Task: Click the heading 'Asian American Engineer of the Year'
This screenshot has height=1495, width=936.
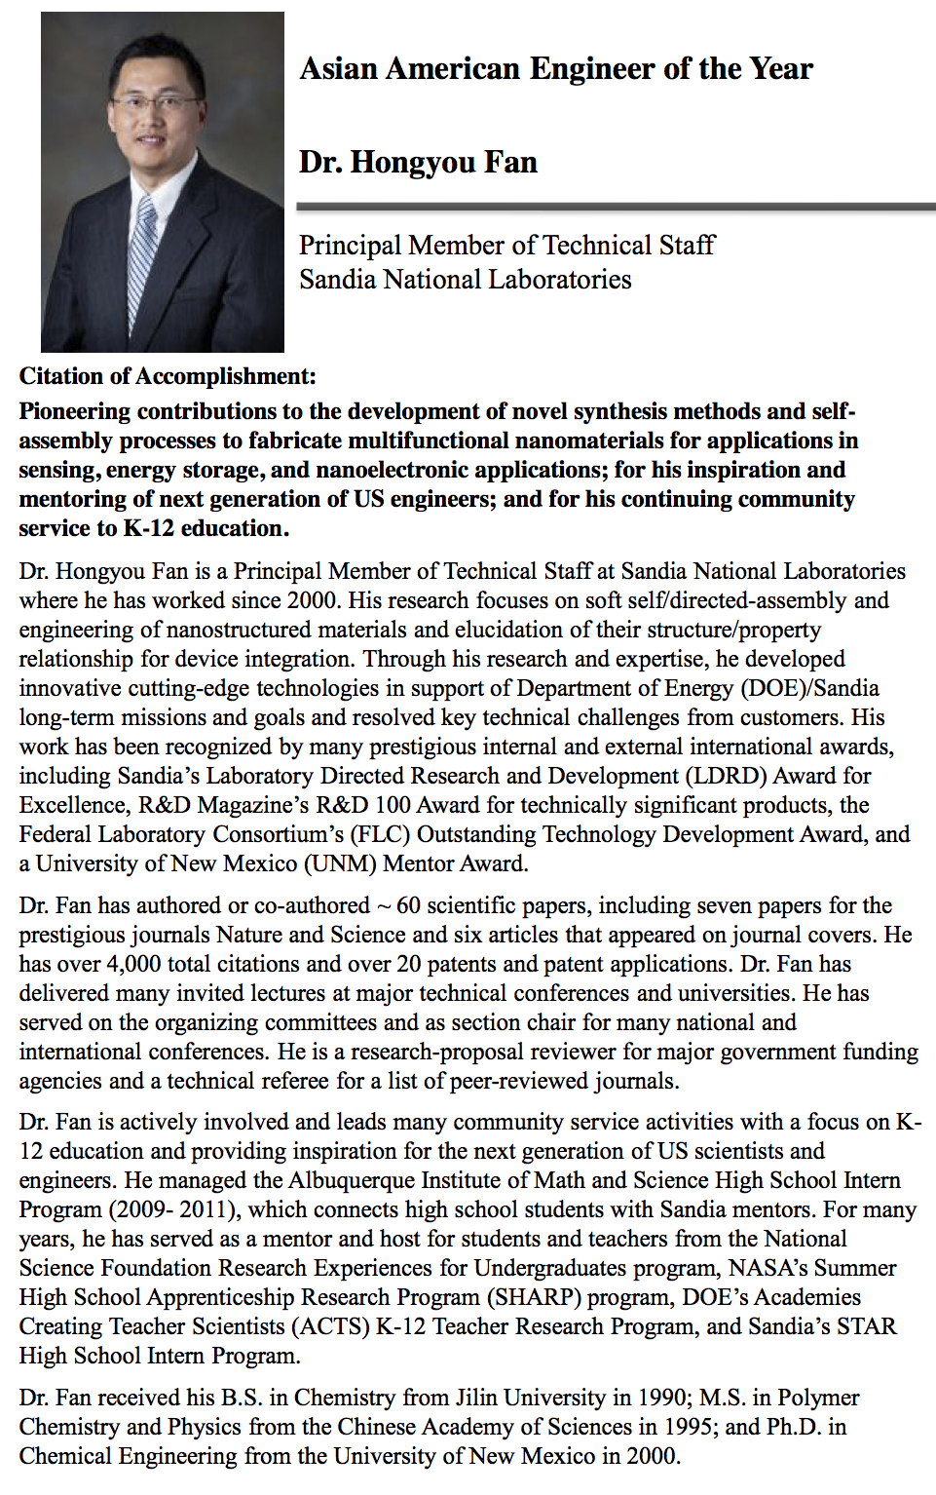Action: pos(556,69)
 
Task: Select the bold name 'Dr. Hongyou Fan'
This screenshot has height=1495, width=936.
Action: pos(418,162)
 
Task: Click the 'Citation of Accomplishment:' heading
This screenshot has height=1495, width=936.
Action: pos(168,376)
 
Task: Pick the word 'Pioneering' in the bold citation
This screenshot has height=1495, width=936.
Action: pos(74,411)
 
